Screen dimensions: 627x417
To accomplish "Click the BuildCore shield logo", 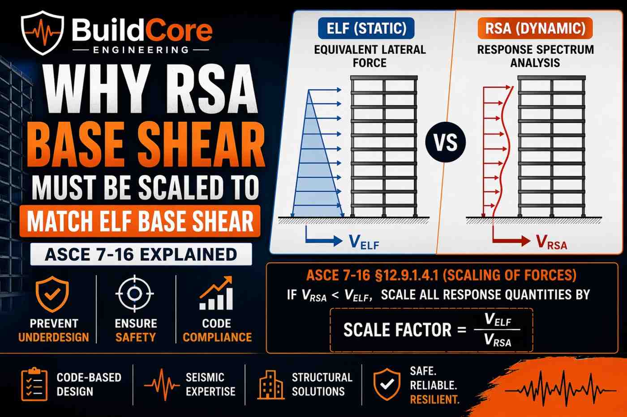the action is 43,32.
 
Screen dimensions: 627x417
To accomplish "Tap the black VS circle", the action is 446,143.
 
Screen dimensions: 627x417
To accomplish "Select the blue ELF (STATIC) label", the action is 366,29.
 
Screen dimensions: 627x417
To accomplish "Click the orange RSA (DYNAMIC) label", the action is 535,29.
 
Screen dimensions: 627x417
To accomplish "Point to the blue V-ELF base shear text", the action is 364,243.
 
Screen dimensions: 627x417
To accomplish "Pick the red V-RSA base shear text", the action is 552,243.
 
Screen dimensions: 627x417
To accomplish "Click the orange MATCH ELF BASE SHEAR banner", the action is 140,221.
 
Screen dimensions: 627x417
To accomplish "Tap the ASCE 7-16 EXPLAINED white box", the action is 141,254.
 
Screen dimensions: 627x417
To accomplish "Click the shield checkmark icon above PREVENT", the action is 52,294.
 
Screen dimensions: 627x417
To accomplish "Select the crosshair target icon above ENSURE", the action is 134,294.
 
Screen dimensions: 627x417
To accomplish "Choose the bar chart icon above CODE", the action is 216,294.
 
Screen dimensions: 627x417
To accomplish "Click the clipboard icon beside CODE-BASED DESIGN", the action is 34,384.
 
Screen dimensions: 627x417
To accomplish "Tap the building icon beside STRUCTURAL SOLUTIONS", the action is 271,384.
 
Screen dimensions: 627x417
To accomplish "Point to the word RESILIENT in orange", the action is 434,399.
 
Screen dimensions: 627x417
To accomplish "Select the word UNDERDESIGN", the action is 53,337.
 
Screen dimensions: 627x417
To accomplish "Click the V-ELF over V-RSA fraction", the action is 497,330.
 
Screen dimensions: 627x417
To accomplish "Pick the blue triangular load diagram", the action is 316,166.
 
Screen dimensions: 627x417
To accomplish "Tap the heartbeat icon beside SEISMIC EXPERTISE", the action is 162,384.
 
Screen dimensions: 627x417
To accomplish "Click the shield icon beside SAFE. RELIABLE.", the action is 387,384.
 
